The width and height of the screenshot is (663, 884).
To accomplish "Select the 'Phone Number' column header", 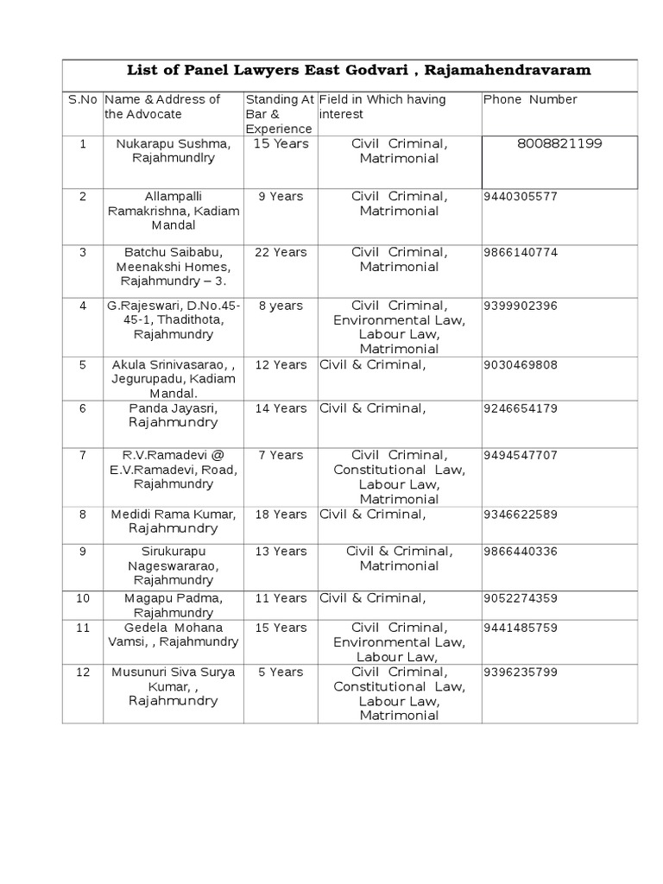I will point(530,99).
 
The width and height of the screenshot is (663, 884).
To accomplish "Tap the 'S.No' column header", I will point(83,99).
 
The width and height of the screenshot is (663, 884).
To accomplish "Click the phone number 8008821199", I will point(559,143).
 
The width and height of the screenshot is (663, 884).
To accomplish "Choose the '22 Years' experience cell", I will point(281,252).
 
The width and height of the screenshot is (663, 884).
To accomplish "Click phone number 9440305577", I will point(521,196).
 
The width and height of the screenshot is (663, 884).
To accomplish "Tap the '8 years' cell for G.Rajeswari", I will point(281,306).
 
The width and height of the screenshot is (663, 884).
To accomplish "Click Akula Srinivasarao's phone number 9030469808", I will point(521,364).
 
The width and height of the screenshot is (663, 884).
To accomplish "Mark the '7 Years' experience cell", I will point(281,454).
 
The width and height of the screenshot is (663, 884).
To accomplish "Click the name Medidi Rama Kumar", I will point(174,514).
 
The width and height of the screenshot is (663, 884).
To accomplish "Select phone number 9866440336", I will point(521,551).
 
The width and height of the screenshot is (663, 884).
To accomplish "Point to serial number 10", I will point(83,597).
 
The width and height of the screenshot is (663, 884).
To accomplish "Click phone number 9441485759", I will point(521,627).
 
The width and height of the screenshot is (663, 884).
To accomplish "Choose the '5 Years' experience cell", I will point(281,672).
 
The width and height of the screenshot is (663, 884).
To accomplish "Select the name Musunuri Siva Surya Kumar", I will point(174,679).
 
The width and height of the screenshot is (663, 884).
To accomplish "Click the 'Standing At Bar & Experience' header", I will point(281,114).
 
